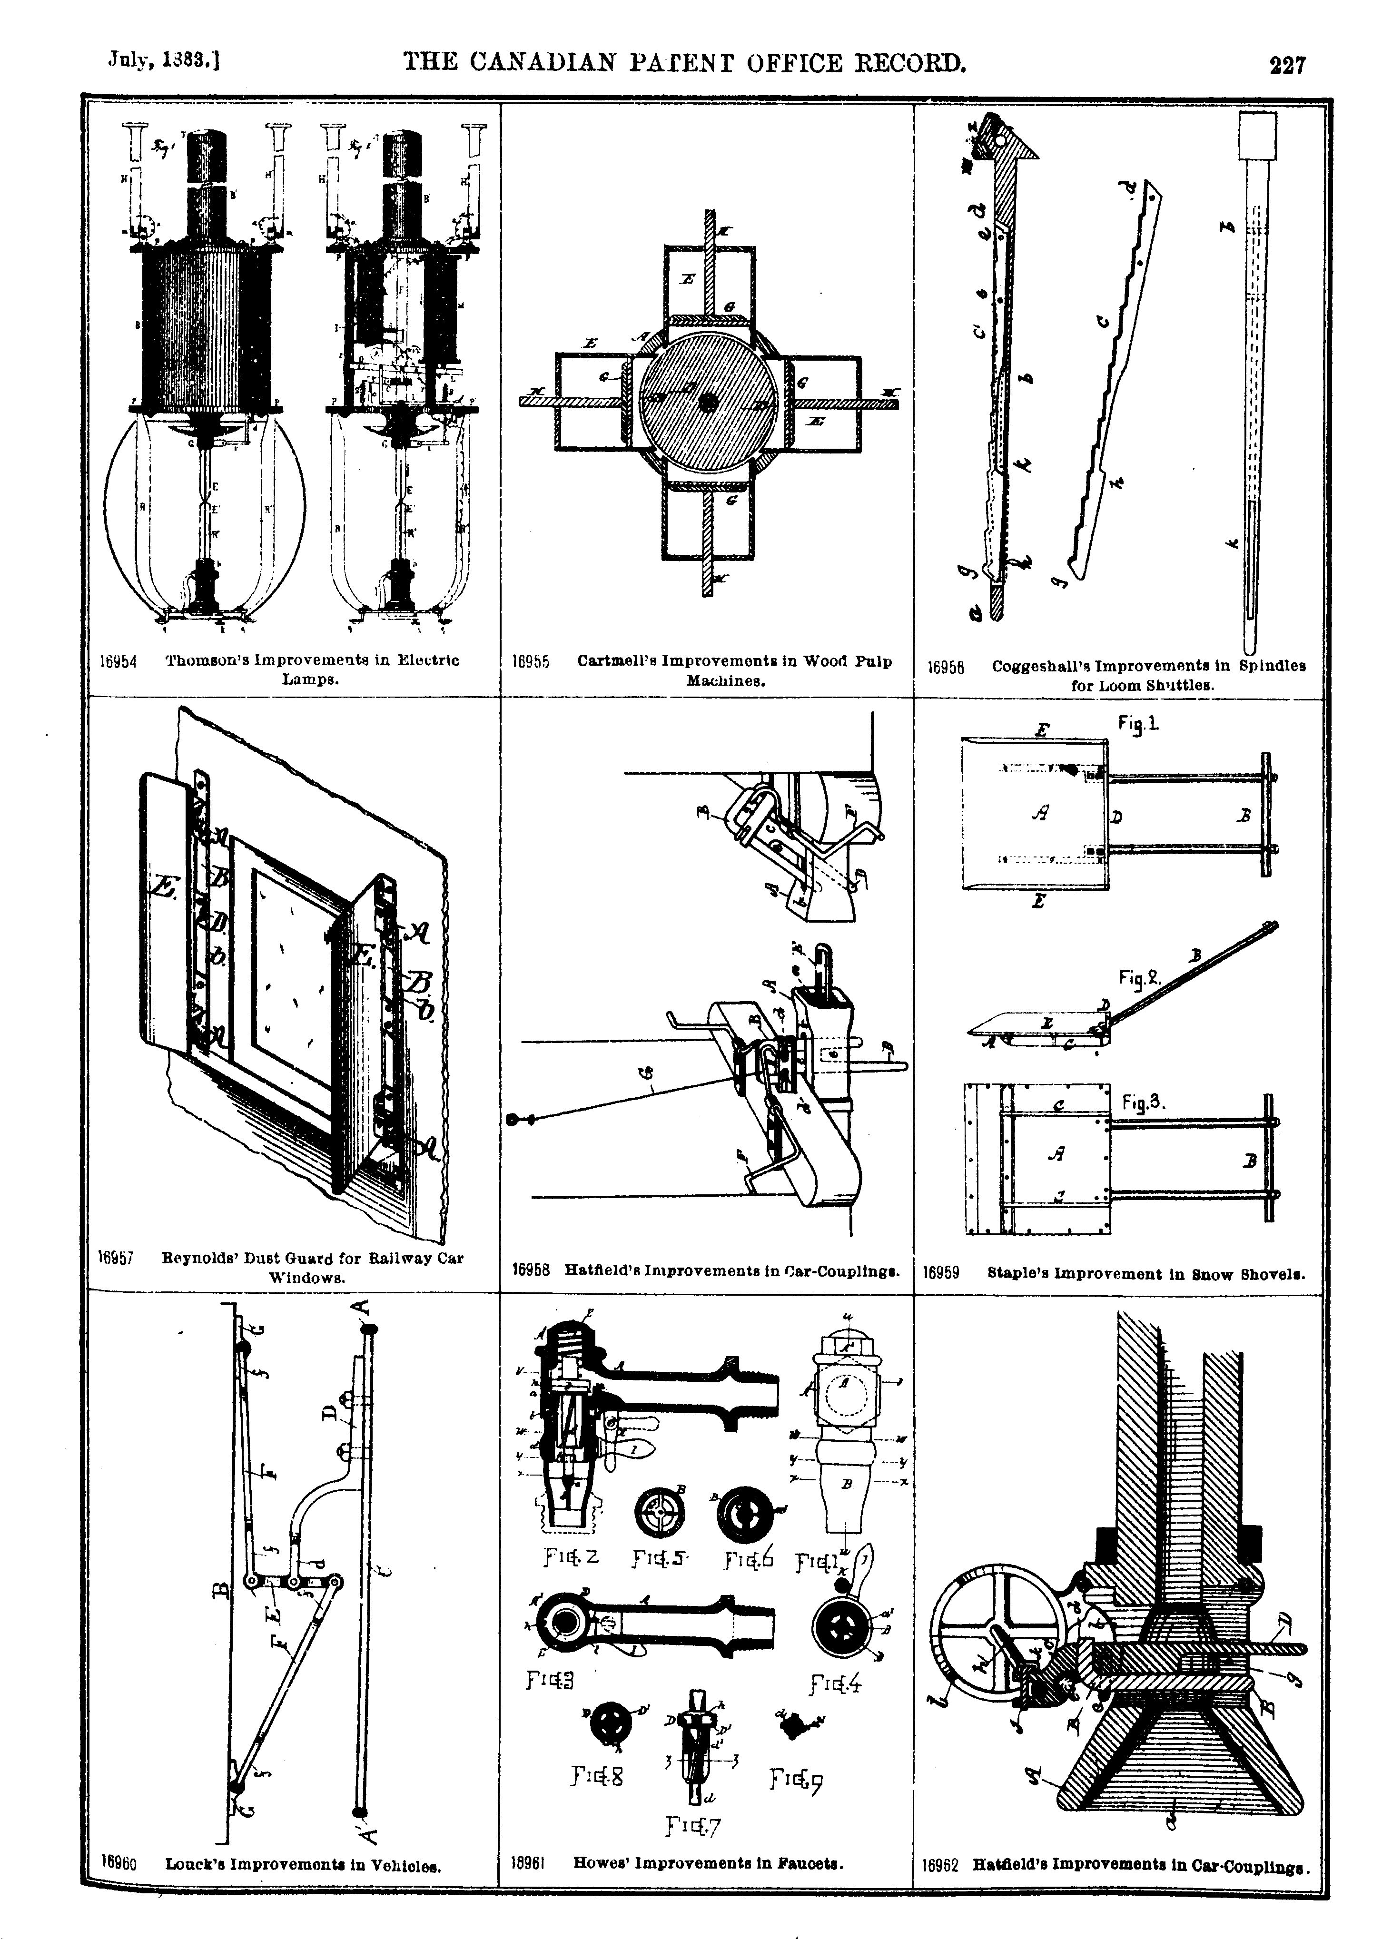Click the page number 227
pyautogui.click(x=1286, y=65)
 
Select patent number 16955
pyautogui.click(x=531, y=661)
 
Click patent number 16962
pyautogui.click(x=940, y=1865)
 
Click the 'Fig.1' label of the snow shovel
pyautogui.click(x=1139, y=724)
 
